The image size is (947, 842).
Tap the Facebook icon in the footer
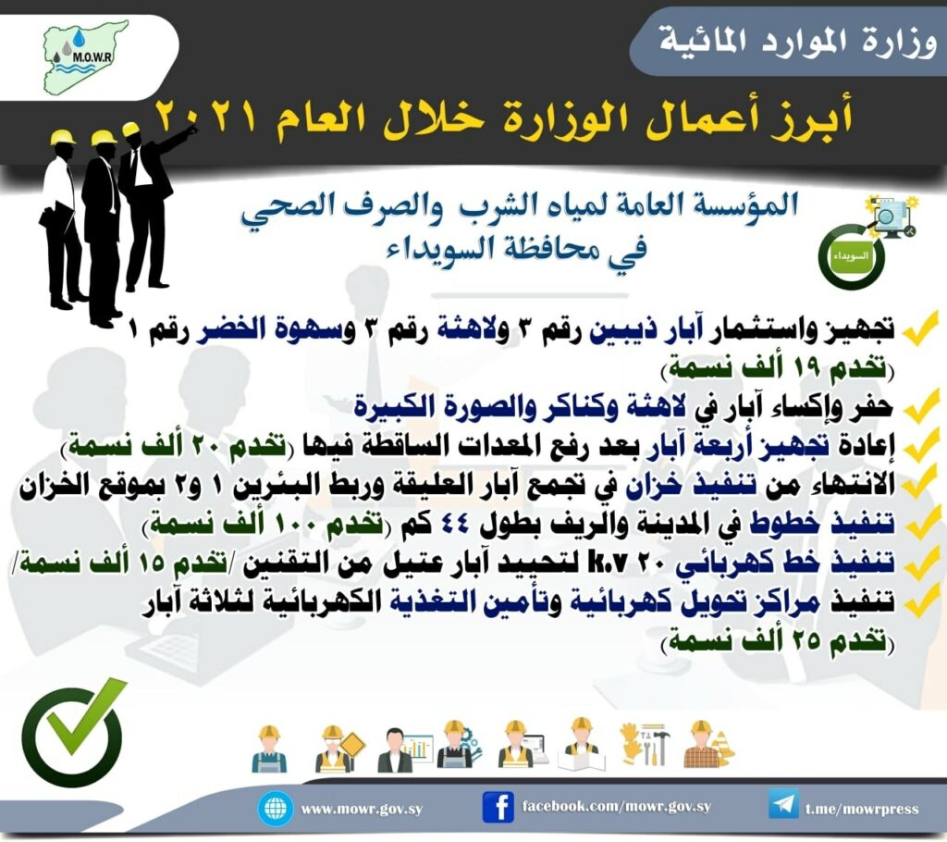point(498,808)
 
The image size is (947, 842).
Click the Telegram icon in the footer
point(783,805)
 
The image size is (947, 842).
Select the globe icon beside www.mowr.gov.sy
point(276,809)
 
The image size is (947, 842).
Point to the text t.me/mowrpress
point(862,809)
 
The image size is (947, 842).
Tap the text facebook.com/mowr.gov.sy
point(616,806)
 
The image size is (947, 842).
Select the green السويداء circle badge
point(852,256)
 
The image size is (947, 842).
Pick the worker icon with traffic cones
point(708,744)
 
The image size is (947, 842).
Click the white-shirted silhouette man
point(61,217)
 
